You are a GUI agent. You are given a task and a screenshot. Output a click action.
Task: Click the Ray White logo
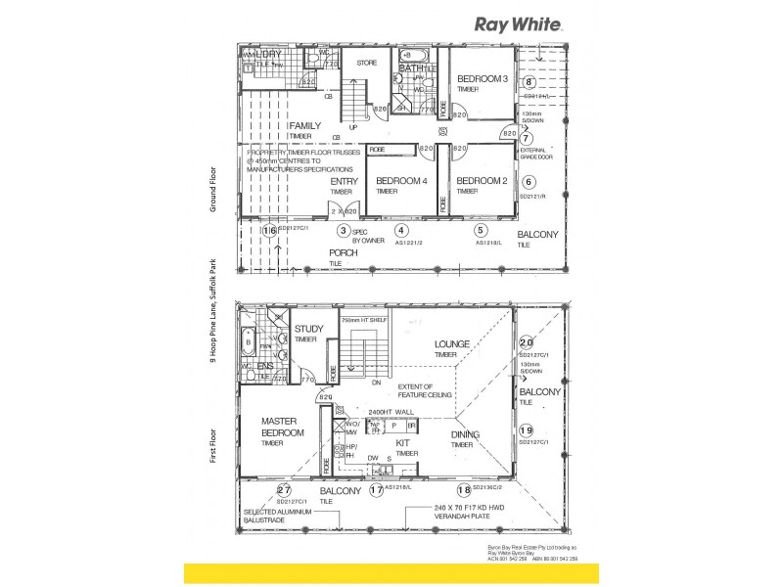coord(518,23)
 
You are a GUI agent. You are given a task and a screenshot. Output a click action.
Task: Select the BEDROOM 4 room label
coord(401,181)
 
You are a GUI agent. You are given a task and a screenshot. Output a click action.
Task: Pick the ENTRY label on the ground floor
coord(344,181)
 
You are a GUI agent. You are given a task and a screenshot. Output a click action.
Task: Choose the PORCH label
coord(343,252)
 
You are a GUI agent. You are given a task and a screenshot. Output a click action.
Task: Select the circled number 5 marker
coord(481,231)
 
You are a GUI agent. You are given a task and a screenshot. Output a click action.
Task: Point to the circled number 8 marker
coord(530,83)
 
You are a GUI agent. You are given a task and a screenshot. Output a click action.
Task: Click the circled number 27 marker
coord(284,491)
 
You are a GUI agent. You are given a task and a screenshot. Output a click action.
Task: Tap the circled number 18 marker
coord(463,490)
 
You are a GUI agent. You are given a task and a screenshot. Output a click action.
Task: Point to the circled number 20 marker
coord(527,342)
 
